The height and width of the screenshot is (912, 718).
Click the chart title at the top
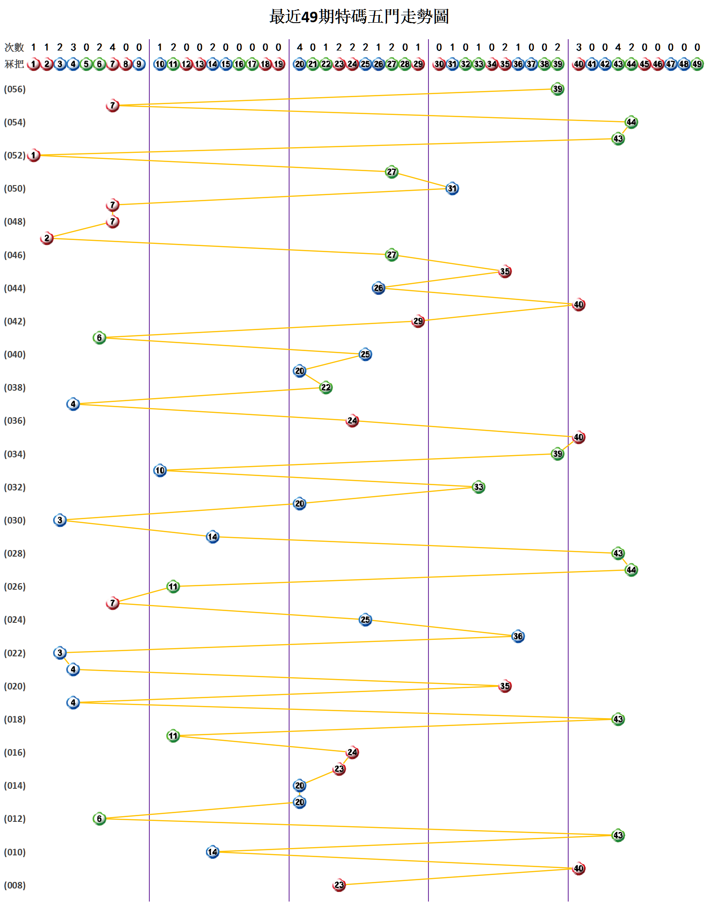(359, 17)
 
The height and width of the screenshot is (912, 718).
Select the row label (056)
(15, 89)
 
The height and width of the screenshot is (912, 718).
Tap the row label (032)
(15, 487)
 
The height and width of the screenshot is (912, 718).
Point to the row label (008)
(15, 885)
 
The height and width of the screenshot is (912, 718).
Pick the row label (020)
(15, 686)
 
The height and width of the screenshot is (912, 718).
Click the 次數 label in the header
(14, 47)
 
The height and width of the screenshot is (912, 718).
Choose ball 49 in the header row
(697, 64)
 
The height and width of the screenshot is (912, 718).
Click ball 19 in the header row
(279, 64)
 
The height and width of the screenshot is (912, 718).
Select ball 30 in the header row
(439, 64)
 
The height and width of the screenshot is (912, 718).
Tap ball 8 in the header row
(126, 64)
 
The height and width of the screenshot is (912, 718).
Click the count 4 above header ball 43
(618, 47)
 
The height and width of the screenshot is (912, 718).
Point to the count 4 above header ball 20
(300, 47)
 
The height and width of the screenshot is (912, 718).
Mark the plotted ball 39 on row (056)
(557, 89)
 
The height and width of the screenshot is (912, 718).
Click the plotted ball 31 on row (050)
(452, 189)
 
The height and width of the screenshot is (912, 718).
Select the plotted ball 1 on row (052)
(34, 155)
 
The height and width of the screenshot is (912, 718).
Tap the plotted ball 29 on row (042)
(418, 321)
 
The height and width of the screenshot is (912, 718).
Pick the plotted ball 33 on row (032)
(479, 487)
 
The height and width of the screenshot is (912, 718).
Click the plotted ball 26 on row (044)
(378, 288)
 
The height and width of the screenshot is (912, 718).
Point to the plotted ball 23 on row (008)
(339, 885)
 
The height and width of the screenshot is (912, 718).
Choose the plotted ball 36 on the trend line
(518, 636)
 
